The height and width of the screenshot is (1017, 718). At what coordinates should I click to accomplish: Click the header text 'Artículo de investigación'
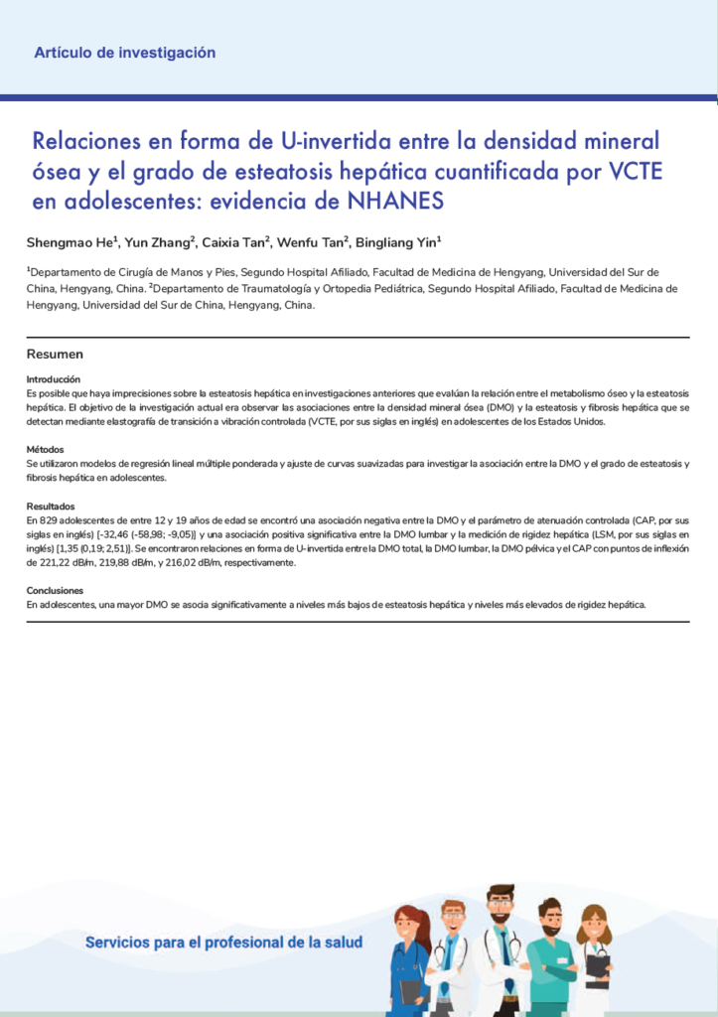[124, 53]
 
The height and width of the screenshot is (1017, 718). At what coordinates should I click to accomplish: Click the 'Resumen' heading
[55, 355]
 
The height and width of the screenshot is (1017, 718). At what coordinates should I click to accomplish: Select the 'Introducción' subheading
[54, 379]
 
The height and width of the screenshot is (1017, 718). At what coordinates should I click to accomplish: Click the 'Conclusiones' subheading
[54, 590]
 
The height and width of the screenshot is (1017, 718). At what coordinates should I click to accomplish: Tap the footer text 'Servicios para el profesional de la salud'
[223, 943]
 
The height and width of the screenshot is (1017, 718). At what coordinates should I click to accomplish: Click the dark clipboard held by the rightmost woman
[597, 964]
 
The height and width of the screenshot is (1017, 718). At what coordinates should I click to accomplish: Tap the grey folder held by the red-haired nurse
[409, 989]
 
